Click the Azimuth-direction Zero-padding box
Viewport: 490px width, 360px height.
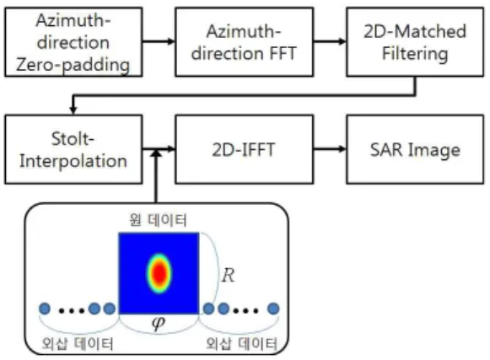tap(73, 42)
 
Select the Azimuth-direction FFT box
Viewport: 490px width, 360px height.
tap(244, 42)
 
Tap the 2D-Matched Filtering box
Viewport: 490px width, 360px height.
tap(415, 42)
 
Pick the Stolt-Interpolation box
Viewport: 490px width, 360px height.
tap(73, 149)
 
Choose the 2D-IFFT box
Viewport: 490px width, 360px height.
tap(244, 149)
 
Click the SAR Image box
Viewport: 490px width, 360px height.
tap(415, 149)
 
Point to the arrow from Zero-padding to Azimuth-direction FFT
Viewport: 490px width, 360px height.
tap(159, 41)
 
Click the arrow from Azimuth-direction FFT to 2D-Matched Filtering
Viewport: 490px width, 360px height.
tap(330, 41)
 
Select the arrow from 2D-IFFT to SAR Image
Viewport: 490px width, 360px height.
tap(330, 148)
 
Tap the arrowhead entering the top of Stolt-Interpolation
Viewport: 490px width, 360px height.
tap(73, 110)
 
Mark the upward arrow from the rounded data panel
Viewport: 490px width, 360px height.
tap(156, 176)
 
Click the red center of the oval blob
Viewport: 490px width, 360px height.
tap(159, 273)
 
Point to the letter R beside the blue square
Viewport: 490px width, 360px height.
tap(228, 276)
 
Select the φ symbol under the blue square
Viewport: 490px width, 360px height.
tap(158, 323)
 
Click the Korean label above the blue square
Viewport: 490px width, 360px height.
tap(158, 220)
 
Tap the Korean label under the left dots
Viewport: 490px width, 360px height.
tap(78, 344)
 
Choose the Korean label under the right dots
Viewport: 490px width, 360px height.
tap(241, 344)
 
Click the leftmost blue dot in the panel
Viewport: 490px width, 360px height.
tap(45, 309)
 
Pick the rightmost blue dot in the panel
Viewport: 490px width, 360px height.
tap(273, 309)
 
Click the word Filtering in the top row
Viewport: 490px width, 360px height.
tap(415, 54)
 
